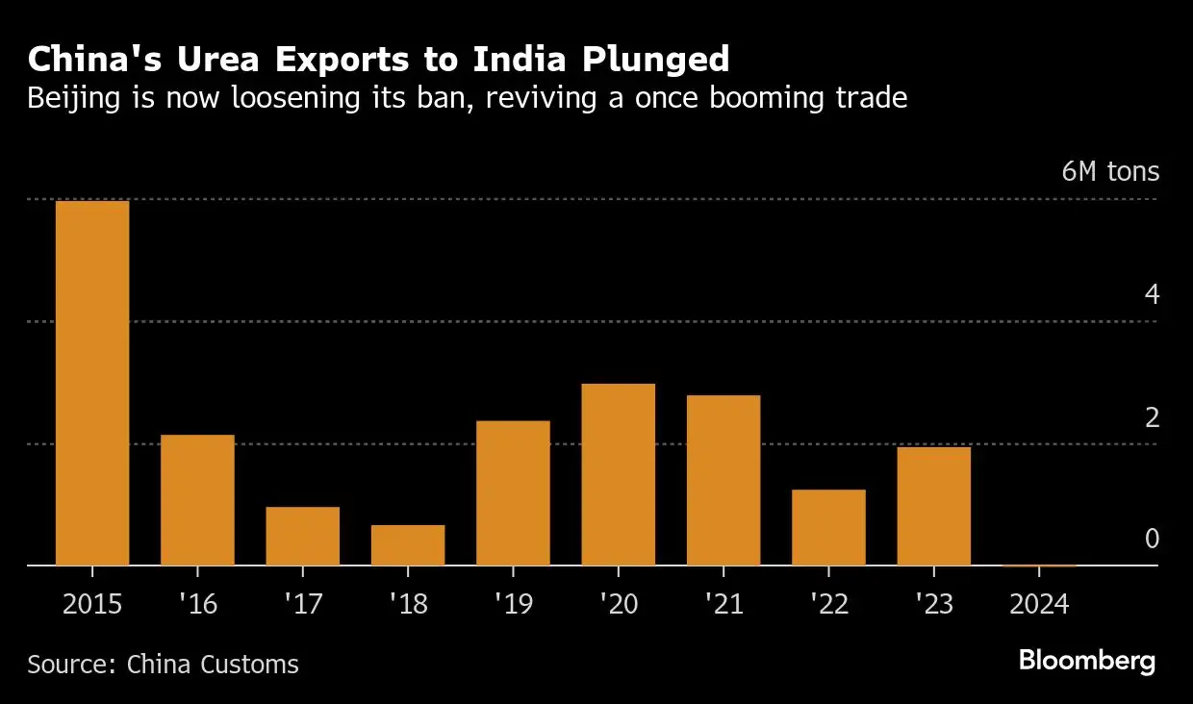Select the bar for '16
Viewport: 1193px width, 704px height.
pos(197,500)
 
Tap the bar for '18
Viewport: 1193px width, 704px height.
pos(408,544)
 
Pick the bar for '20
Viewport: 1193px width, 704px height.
pos(618,474)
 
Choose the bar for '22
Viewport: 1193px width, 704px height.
pos(828,527)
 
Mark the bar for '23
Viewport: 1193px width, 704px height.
pos(933,506)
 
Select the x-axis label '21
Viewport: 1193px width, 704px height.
pos(723,604)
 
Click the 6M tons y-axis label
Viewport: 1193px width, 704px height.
pos(1110,172)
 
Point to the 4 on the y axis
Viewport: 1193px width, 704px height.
pos(1152,295)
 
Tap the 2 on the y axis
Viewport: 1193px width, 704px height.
pos(1152,418)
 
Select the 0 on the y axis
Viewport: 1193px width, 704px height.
pos(1152,540)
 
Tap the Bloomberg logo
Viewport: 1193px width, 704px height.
pos(1086,661)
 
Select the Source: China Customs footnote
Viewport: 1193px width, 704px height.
pos(163,664)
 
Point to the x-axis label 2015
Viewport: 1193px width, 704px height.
pos(92,604)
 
